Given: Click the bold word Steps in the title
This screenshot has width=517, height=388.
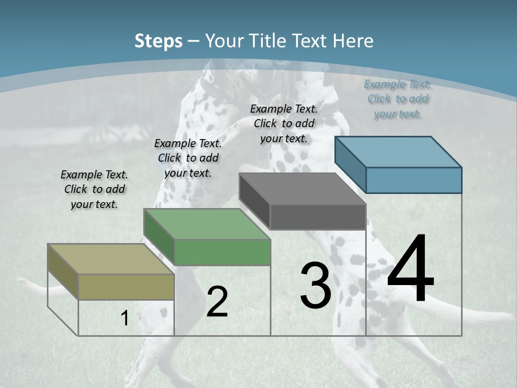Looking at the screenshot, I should (x=158, y=41).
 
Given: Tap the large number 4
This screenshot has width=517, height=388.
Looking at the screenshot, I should (x=410, y=269).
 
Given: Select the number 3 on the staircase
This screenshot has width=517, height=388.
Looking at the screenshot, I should (x=316, y=286).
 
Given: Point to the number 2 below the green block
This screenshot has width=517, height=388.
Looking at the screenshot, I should (x=217, y=302).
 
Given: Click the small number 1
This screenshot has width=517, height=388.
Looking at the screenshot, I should (x=124, y=318).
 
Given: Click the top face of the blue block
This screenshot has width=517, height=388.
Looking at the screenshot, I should (x=398, y=152).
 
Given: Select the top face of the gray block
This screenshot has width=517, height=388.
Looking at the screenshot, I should (x=302, y=189).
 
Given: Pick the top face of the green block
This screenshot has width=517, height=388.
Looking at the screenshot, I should (x=207, y=224).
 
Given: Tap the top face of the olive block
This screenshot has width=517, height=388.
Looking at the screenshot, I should (x=111, y=259).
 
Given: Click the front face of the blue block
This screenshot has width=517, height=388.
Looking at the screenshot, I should (x=414, y=180).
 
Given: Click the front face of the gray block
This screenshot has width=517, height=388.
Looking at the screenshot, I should (x=318, y=217).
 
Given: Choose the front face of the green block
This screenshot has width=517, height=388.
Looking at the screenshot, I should (x=222, y=252).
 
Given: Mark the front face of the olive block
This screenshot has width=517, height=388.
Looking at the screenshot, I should (x=127, y=287).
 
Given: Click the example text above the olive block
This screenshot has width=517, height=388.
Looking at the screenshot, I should (x=94, y=189).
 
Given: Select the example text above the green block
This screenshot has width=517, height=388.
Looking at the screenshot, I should (x=188, y=158).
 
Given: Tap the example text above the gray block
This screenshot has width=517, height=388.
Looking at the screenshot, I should (x=284, y=123).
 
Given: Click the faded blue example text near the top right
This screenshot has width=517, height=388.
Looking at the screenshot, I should (x=397, y=99).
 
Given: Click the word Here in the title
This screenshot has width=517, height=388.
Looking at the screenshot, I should (x=353, y=41).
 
